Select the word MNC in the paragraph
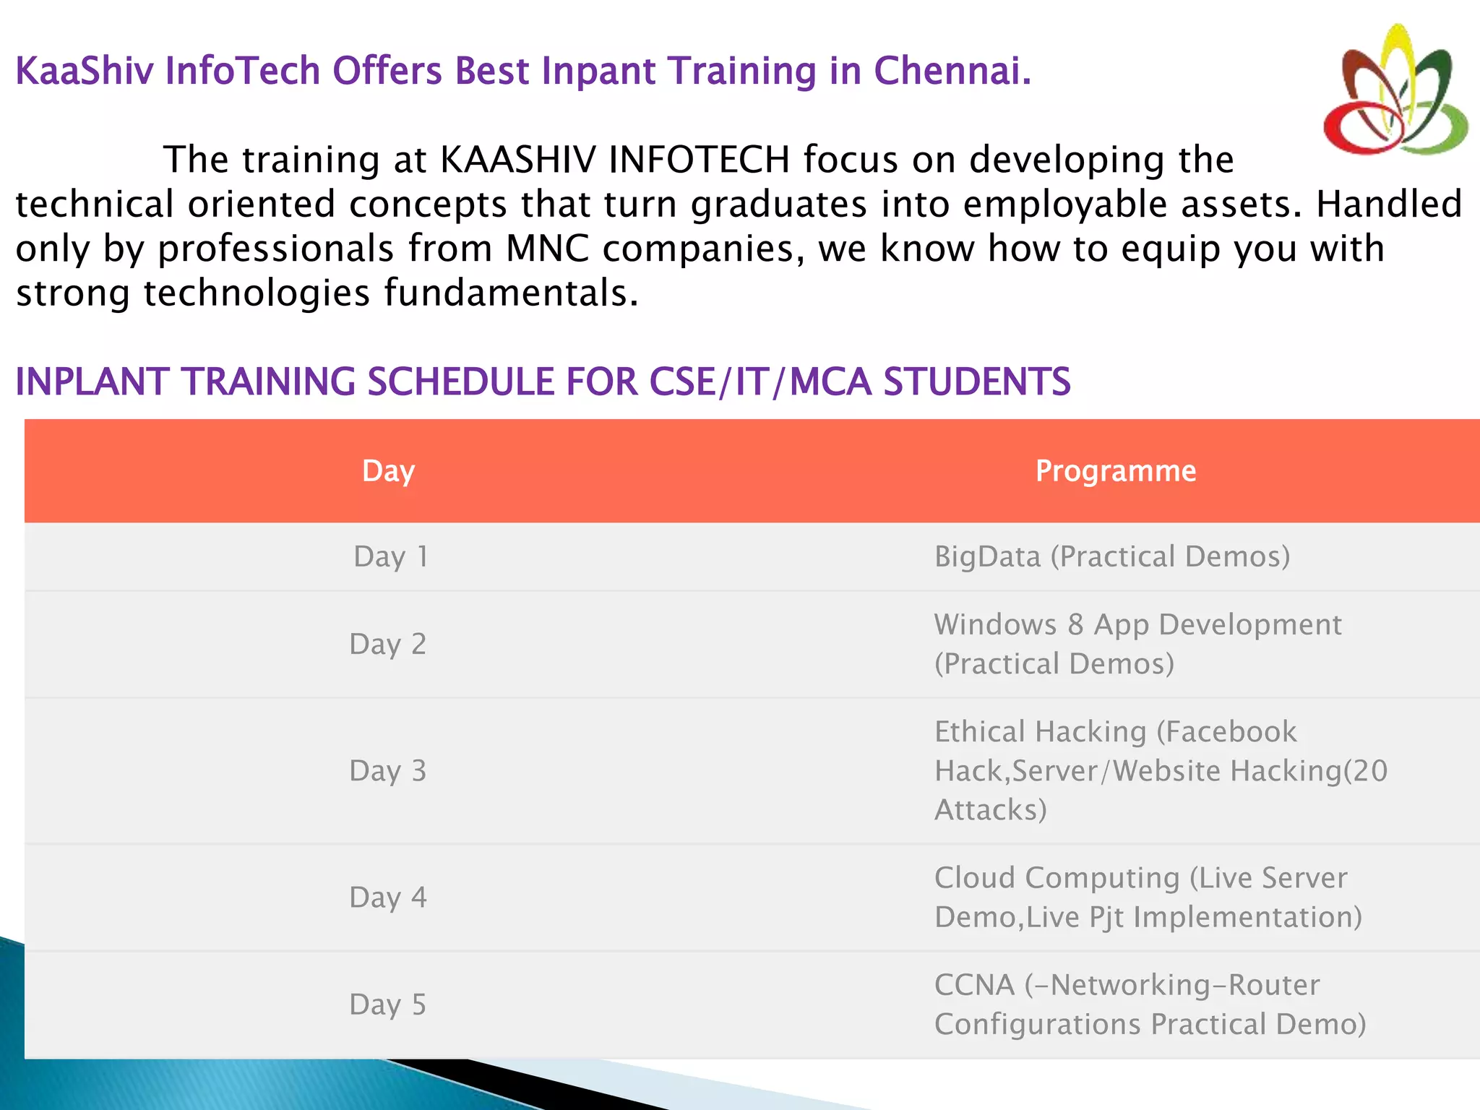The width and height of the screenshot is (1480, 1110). click(547, 249)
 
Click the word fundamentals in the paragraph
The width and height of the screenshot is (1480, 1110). click(510, 293)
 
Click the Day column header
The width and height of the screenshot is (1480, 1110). click(388, 471)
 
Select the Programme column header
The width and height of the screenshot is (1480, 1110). click(1116, 471)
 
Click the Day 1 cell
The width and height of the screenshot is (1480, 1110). click(390, 556)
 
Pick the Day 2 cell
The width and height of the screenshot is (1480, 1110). click(387, 644)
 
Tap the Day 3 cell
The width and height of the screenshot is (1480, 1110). click(387, 771)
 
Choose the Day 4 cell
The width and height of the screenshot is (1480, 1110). click(387, 898)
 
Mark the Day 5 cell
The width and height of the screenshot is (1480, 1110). click(387, 1004)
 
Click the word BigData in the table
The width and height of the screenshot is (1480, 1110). click(987, 556)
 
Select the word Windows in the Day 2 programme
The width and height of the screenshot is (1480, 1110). click(995, 624)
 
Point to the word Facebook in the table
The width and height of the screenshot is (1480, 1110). click(1231, 731)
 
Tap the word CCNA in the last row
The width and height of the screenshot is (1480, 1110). click(974, 985)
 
